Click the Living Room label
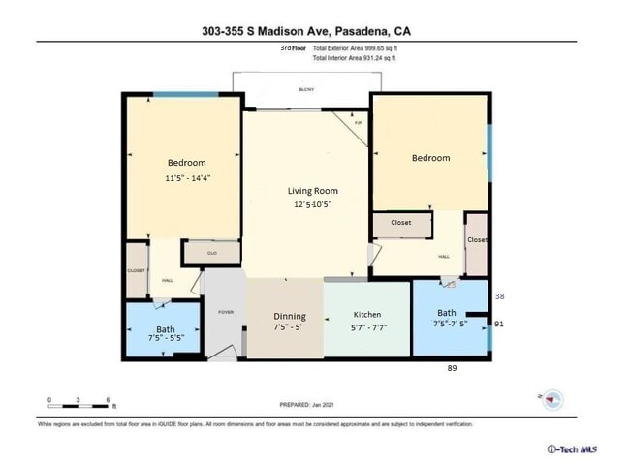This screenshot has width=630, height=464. [312, 190]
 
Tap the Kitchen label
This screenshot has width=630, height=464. [366, 315]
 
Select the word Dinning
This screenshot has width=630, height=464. [289, 316]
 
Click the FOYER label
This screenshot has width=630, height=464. [226, 312]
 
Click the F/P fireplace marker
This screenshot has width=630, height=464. [358, 123]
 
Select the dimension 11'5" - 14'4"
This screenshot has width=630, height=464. [187, 178]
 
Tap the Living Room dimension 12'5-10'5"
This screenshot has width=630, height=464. [312, 205]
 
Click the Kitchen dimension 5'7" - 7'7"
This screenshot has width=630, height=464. [367, 328]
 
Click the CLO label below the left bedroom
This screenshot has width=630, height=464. [210, 253]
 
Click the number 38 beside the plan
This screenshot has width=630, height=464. [499, 296]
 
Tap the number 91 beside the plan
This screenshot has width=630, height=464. [499, 324]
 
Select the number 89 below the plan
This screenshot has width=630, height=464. [451, 368]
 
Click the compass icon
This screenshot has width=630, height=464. [550, 397]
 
